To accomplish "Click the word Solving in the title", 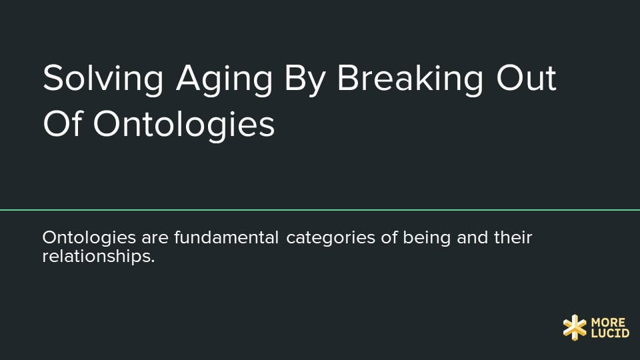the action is coord(103,79).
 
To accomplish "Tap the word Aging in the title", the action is coord(224,79).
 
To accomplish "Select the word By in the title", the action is coord(305,79).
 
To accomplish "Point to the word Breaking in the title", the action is coord(410,79).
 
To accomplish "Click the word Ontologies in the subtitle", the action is coord(89,237).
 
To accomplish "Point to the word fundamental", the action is coord(226,237).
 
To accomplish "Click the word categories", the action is coord(331,239).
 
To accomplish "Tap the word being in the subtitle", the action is coord(427,239).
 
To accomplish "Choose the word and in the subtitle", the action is coord(472,237).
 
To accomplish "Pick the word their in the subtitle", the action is coord(513,237).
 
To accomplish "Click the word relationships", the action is coord(99,257).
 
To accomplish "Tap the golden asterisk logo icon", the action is coord(575,327).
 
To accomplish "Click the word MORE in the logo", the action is coord(608,323).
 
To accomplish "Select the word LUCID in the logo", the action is coord(610,333).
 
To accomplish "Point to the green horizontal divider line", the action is coord(320,210).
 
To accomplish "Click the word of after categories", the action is coord(389,237).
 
